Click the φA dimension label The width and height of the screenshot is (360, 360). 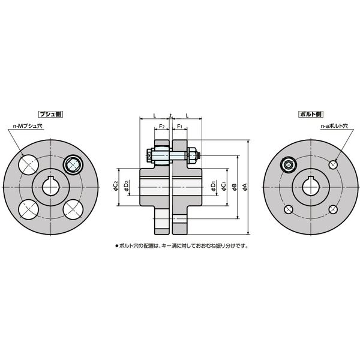pyautogui.click(x=245, y=187)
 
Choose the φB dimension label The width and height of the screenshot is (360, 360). pyautogui.click(x=235, y=187)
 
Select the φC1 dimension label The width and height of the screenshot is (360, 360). pyautogui.click(x=223, y=187)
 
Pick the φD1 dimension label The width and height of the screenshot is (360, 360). pyautogui.click(x=214, y=187)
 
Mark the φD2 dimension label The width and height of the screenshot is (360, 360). pyautogui.click(x=126, y=187)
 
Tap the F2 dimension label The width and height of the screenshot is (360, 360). pyautogui.click(x=161, y=127)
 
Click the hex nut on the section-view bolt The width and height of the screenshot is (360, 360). pyautogui.click(x=193, y=156)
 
